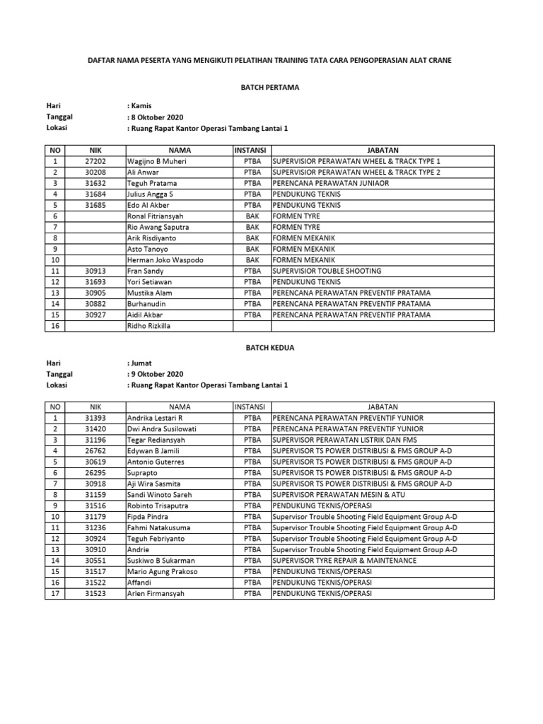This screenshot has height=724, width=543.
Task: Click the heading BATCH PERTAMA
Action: [x=271, y=88]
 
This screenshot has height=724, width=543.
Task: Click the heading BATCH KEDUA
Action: [x=271, y=348]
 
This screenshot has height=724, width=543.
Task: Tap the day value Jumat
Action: [x=141, y=363]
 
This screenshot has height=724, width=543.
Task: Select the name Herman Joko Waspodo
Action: [x=165, y=260]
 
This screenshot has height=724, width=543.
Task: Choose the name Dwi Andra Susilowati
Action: [x=161, y=428]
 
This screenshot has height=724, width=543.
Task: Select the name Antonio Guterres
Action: [x=156, y=462]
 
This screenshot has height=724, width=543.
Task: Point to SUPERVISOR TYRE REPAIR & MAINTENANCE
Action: [x=344, y=560]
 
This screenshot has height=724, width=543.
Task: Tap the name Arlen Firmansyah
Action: [x=156, y=593]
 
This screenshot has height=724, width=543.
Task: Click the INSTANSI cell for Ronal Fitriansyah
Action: [x=252, y=216]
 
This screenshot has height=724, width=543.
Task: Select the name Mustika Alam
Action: [x=150, y=293]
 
